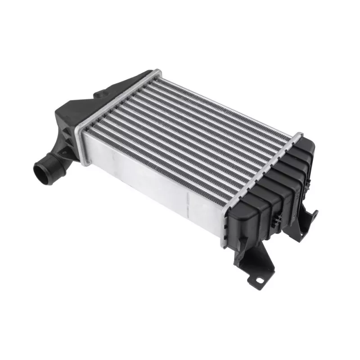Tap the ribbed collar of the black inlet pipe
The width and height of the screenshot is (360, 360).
point(51,166)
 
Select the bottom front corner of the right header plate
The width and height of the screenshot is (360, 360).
point(223,245)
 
